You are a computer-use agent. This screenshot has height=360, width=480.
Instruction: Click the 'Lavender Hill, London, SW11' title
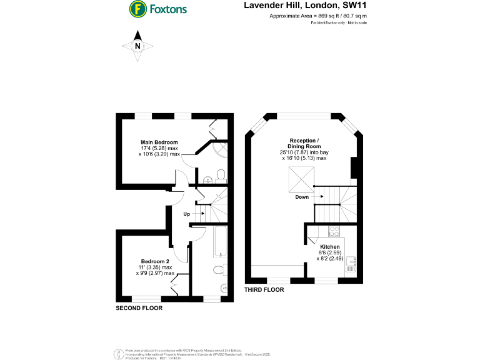pos(296,6)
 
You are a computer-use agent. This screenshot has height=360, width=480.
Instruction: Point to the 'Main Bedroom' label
pos(159,142)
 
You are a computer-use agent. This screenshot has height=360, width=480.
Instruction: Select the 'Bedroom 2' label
pos(155,261)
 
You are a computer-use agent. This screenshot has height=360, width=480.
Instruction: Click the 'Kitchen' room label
pos(329,247)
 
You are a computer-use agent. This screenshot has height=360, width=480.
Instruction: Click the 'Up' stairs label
pos(186,214)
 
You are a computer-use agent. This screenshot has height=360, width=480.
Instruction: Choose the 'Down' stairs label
pos(302,196)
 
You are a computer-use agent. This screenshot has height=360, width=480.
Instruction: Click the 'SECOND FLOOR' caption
pos(139,308)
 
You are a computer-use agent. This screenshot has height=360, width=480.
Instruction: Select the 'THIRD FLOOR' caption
pos(264,290)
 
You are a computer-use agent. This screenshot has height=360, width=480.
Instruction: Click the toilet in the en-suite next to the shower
pos(220,174)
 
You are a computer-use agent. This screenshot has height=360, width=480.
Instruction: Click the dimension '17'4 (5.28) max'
pos(159,147)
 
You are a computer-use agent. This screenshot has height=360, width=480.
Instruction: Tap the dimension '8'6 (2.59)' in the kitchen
pos(329,252)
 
